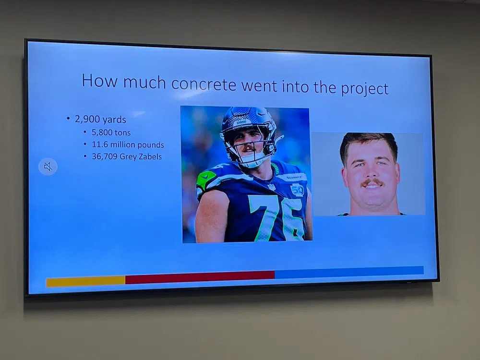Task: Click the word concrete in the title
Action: (x=204, y=84)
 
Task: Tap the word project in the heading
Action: (x=365, y=88)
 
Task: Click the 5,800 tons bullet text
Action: (x=111, y=132)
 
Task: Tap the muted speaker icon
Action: (x=48, y=167)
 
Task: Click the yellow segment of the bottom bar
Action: (x=86, y=281)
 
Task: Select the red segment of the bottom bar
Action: (x=200, y=277)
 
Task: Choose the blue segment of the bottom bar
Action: (x=349, y=272)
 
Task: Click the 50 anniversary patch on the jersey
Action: (x=297, y=190)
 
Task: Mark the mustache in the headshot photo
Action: (x=372, y=183)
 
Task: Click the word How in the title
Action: (x=99, y=80)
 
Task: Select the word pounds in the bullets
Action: (x=151, y=145)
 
